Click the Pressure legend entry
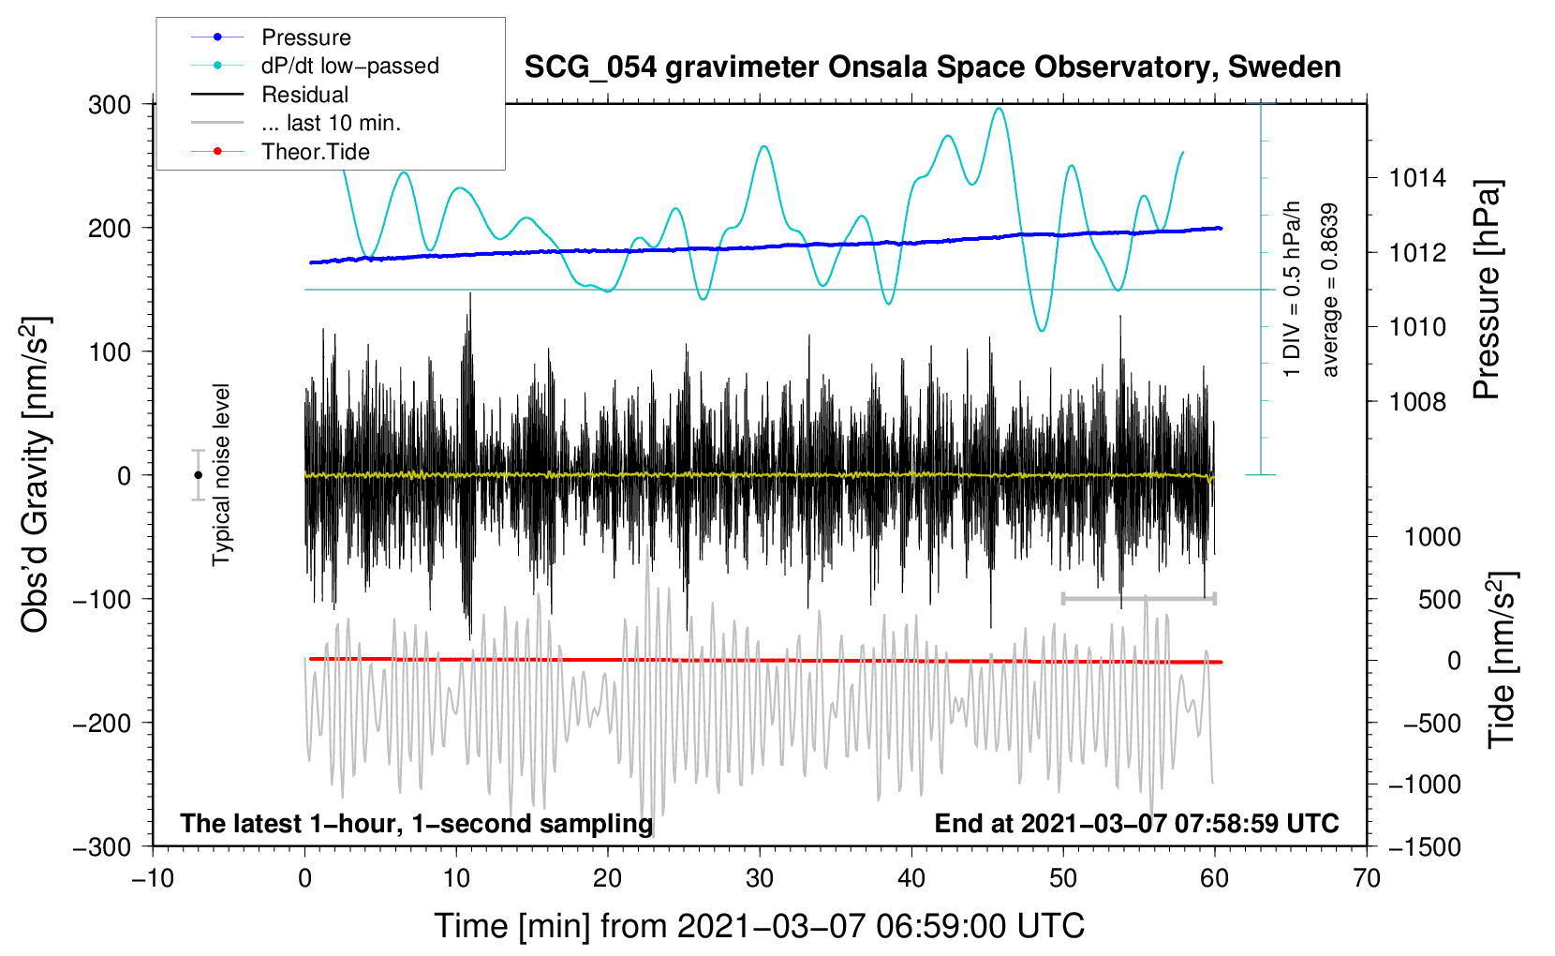(x=305, y=37)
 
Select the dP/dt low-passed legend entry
(x=349, y=66)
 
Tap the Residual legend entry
(x=304, y=95)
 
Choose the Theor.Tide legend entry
(x=315, y=152)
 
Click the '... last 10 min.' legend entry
(x=331, y=123)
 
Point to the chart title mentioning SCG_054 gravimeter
(x=932, y=67)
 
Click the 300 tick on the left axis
(x=110, y=105)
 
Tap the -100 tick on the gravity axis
(x=103, y=599)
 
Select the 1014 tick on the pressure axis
(x=1417, y=178)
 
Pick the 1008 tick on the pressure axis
(x=1417, y=402)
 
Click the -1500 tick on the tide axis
(x=1425, y=846)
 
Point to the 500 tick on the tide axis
(x=1439, y=599)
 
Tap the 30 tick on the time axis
(x=760, y=878)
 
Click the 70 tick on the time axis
(x=1367, y=878)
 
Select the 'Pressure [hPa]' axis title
(x=1487, y=290)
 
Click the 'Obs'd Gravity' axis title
(x=36, y=475)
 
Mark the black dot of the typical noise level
(x=198, y=475)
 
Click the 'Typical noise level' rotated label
(x=221, y=475)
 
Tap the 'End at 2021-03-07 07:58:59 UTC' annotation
(x=1136, y=824)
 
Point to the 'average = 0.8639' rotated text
(x=1330, y=291)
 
